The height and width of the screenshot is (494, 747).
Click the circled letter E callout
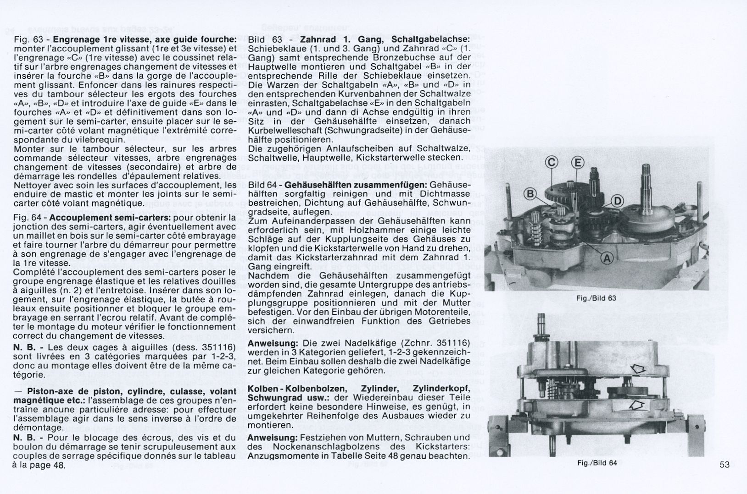click(x=578, y=162)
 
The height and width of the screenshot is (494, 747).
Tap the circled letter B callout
click(x=530, y=195)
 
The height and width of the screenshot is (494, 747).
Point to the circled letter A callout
click(x=608, y=259)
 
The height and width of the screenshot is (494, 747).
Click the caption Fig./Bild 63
click(x=596, y=298)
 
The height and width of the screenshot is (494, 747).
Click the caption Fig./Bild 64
click(x=596, y=463)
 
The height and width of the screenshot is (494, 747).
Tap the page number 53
click(x=725, y=465)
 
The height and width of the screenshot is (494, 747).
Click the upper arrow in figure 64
click(x=637, y=368)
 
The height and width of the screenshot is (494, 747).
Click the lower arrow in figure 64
click(x=636, y=404)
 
